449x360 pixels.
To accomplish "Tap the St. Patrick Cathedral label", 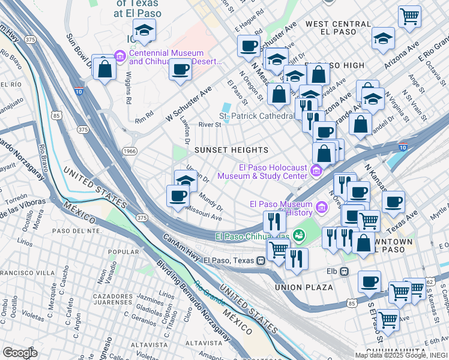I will coord(256,116).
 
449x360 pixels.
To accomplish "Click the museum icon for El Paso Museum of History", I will coord(322,208).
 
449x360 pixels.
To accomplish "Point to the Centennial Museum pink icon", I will coord(120,57).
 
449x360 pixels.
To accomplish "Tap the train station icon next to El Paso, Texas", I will coord(261,260).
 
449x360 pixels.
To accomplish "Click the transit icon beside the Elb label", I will coord(345,271).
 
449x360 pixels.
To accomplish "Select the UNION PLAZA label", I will coord(303,287).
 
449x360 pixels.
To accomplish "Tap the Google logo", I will coord(20,352).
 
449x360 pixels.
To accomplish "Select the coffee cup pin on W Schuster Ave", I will coord(179,70).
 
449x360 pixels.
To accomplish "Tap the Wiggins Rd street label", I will coord(128,84).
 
